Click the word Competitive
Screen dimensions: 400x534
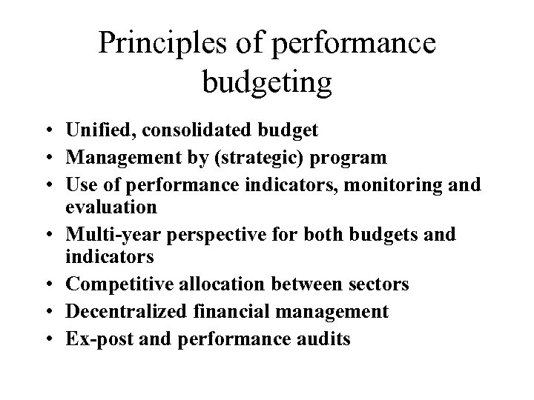pos(112,285)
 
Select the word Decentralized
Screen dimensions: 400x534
pos(123,312)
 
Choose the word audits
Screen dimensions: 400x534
pos(323,338)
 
